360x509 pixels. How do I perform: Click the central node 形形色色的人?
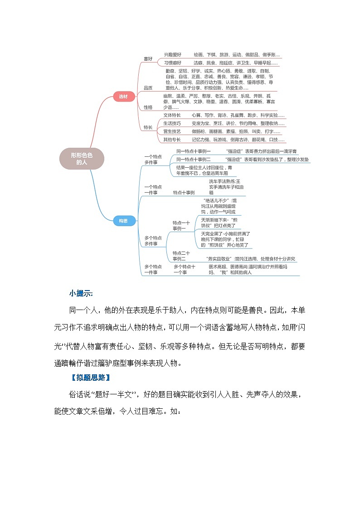pyautogui.click(x=82, y=158)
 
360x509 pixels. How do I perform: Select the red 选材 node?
pyautogui.click(x=123, y=97)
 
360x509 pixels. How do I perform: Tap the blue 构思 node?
pyautogui.click(x=123, y=221)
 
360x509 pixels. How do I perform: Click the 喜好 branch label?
pyautogui.click(x=148, y=58)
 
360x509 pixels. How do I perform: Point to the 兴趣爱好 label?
pyautogui.click(x=173, y=54)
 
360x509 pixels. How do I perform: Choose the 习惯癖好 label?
pyautogui.click(x=173, y=63)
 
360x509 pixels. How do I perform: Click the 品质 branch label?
pyautogui.click(x=148, y=87)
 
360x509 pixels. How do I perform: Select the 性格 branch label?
pyautogui.click(x=148, y=107)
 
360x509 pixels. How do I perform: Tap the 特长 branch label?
pyautogui.click(x=148, y=127)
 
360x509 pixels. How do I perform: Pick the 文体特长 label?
pyautogui.click(x=172, y=115)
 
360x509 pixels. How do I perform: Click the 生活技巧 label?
pyautogui.click(x=172, y=123)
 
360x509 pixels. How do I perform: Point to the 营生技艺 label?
pyautogui.click(x=172, y=131)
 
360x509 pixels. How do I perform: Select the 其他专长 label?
pyautogui.click(x=172, y=140)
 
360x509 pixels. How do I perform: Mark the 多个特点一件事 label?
pyautogui.click(x=153, y=270)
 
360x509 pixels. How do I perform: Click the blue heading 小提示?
pyautogui.click(x=81, y=293)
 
